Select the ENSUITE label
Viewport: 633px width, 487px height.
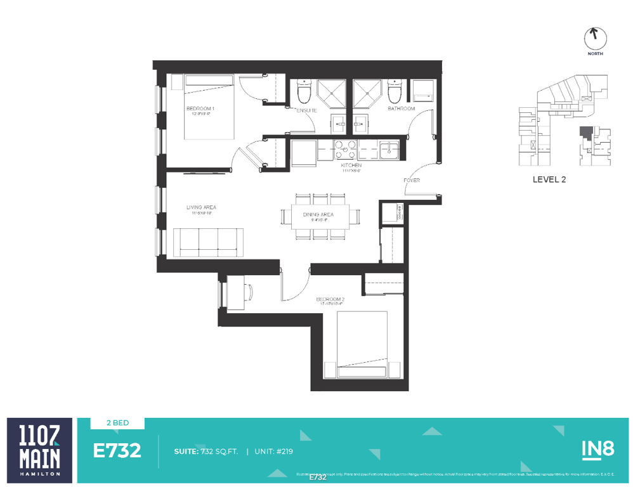(x=307, y=110)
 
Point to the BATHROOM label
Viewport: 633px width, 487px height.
(x=401, y=108)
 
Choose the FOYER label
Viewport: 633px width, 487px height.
(x=412, y=180)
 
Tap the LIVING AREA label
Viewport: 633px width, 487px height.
(x=201, y=207)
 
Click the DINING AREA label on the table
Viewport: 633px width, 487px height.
(x=318, y=215)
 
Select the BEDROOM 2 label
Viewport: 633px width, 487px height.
(x=330, y=299)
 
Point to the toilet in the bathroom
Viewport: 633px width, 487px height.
(x=395, y=93)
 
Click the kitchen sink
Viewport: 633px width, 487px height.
(x=388, y=150)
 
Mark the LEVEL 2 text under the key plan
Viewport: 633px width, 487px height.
(x=549, y=179)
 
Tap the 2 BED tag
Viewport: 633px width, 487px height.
(x=117, y=423)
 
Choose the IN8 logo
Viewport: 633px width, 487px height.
(x=597, y=449)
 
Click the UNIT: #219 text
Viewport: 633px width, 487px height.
(x=273, y=451)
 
